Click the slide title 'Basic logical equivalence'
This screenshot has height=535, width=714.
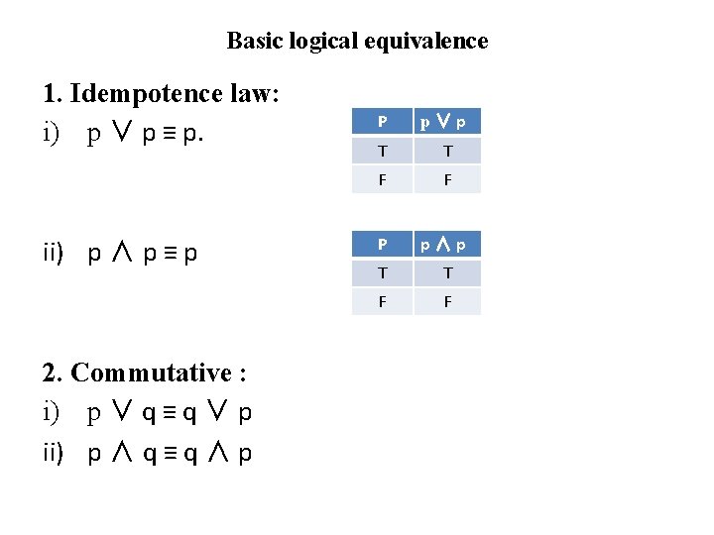coord(357,41)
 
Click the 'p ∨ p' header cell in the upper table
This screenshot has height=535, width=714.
coord(447,122)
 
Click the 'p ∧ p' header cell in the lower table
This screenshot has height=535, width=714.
coord(447,245)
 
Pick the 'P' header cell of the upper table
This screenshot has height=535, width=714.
coord(383,122)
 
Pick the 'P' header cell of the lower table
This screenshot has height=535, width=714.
coord(383,245)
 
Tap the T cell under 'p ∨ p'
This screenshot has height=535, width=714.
coord(447,151)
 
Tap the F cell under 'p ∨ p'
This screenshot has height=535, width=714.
coord(447,179)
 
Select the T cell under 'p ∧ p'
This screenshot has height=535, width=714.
coord(447,273)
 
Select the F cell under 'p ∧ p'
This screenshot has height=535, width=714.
coord(447,302)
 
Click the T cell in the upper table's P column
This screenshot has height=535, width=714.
coord(383,151)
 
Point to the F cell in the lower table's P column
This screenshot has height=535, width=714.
coord(383,302)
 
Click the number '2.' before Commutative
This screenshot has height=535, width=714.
coord(55,374)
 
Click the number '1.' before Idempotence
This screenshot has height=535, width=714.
coord(54,95)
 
